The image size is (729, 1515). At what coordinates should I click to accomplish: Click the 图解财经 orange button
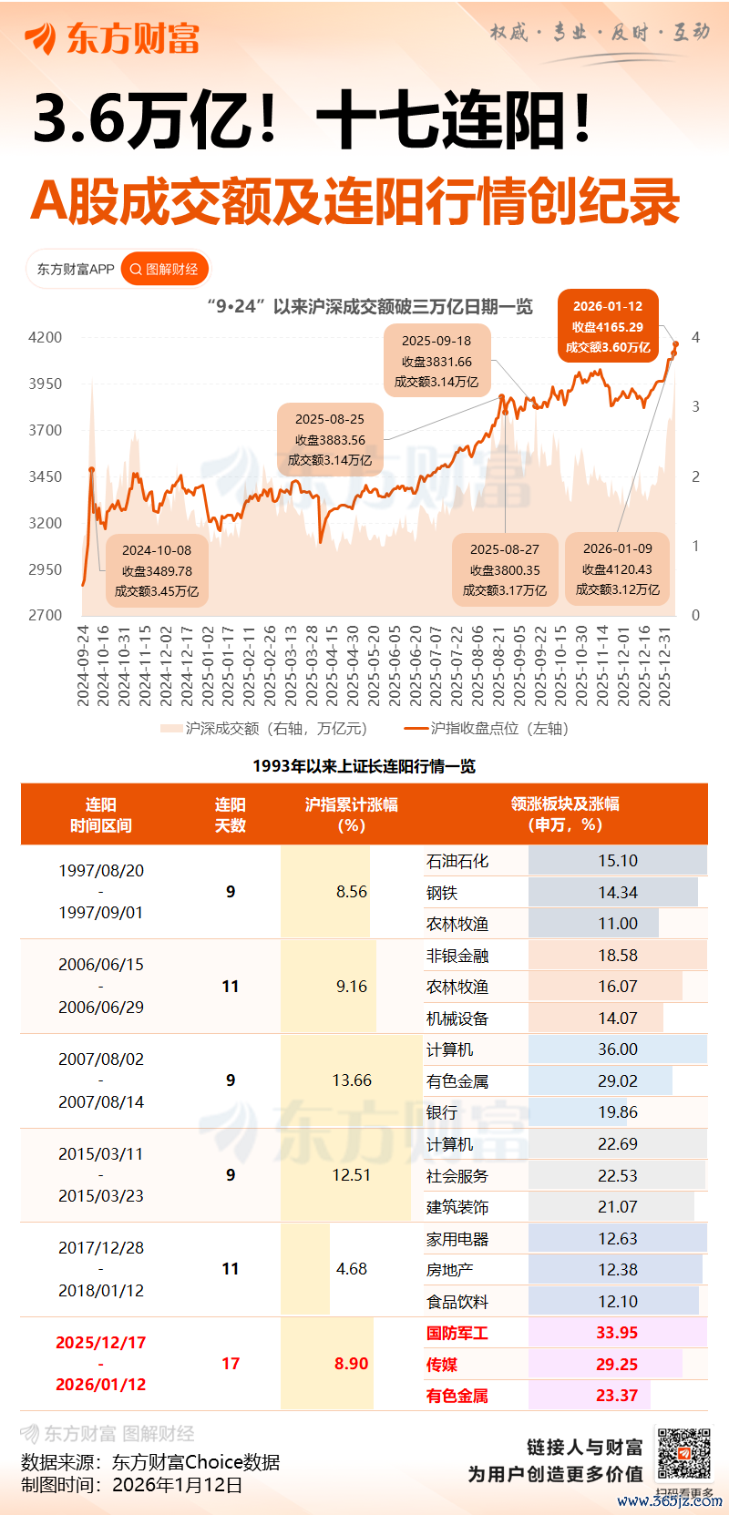pyautogui.click(x=164, y=269)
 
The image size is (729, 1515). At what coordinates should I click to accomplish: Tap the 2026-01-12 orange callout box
pyautogui.click(x=608, y=327)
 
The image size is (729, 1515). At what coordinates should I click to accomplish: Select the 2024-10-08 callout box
pyautogui.click(x=157, y=571)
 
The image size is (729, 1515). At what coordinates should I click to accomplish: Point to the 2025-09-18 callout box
pyautogui.click(x=436, y=361)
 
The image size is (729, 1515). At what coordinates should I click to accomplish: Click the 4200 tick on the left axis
pyautogui.click(x=46, y=337)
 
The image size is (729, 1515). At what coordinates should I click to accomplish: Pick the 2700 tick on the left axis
pyautogui.click(x=46, y=615)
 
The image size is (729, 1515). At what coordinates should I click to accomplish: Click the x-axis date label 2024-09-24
pyautogui.click(x=83, y=665)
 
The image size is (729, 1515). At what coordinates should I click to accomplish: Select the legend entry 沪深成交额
pyautogui.click(x=264, y=728)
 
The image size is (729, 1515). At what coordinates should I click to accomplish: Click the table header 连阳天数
pyautogui.click(x=231, y=814)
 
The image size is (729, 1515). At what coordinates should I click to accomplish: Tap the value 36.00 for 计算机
pyautogui.click(x=618, y=1049)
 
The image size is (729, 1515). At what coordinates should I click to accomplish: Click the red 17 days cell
pyautogui.click(x=231, y=1364)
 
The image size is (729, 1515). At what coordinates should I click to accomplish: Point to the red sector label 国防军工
pyautogui.click(x=457, y=1333)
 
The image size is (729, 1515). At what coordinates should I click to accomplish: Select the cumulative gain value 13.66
pyautogui.click(x=352, y=1080)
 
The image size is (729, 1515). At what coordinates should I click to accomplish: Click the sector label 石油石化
pyautogui.click(x=457, y=861)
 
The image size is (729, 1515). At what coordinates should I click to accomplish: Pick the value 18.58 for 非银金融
pyautogui.click(x=618, y=956)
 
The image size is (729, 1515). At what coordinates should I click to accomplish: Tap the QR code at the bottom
pyautogui.click(x=683, y=1454)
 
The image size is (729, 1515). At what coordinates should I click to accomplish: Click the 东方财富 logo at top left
pyautogui.click(x=112, y=38)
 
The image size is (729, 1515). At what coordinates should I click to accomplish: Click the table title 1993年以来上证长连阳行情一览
pyautogui.click(x=364, y=766)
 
